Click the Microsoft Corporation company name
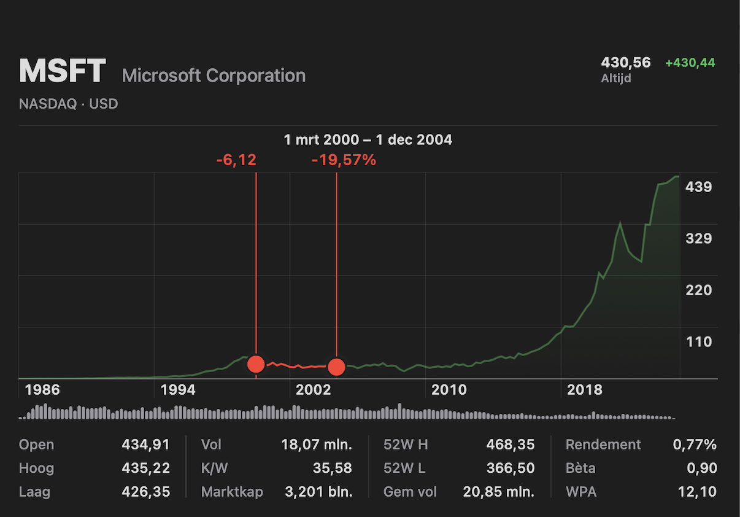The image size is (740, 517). pos(214,76)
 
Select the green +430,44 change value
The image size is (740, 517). pos(690,63)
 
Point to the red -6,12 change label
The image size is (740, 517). pos(236,160)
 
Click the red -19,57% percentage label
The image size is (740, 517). pos(344,160)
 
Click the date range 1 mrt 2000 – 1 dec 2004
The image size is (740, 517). pos(368,140)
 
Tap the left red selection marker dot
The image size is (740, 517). pos(256,364)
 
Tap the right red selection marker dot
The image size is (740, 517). pos(336,367)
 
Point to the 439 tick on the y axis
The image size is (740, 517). pos(698,187)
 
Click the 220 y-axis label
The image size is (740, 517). pos(698,290)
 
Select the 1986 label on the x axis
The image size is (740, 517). pos(42,390)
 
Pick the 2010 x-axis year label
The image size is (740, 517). pos(449,390)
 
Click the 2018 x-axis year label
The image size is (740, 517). pos(585,390)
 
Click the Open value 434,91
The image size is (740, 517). pos(145,445)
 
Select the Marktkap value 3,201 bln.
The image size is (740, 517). pos(318,491)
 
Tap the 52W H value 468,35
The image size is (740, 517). pos(510,445)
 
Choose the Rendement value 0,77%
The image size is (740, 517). pos(695,445)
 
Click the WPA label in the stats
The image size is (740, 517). pos(581,491)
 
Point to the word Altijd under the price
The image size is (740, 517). pos(616,78)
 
